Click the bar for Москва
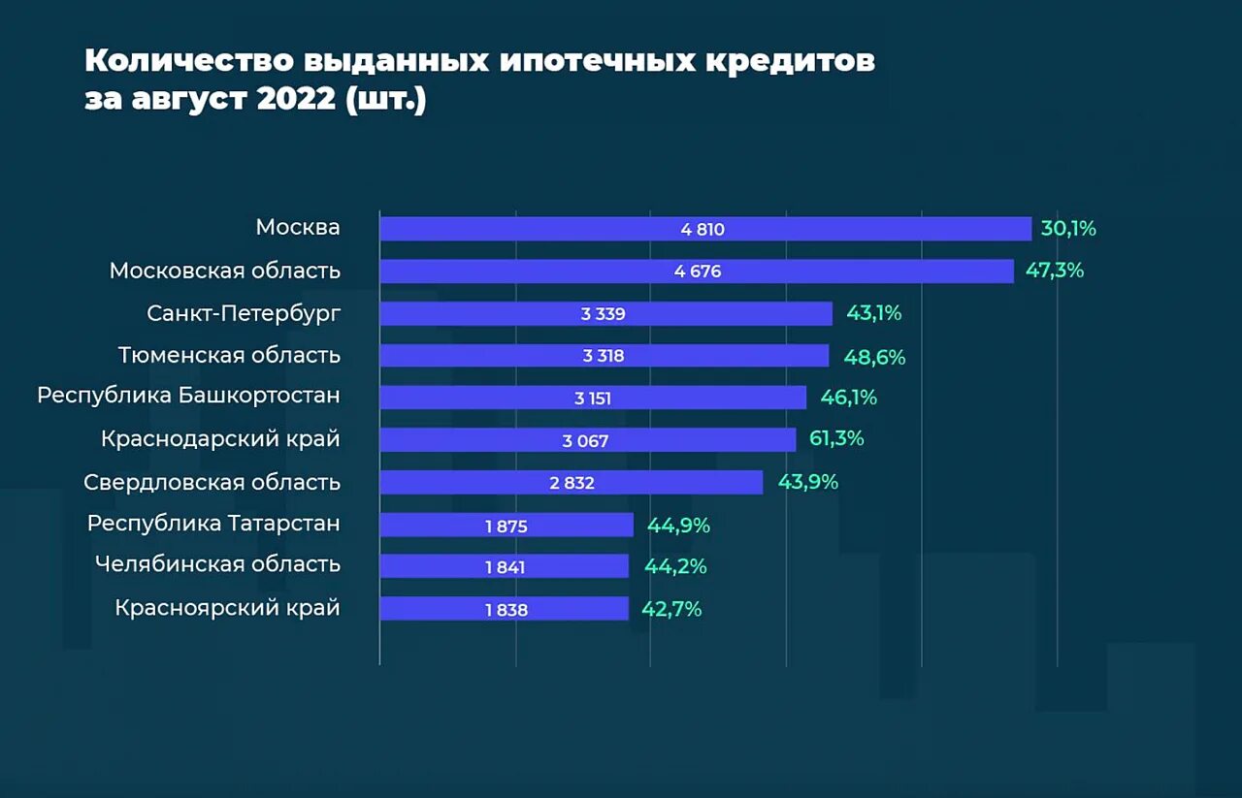tap(704, 229)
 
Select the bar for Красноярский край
tap(504, 609)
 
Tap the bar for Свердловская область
tap(571, 482)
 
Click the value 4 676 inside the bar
tap(698, 271)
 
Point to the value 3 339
tap(603, 314)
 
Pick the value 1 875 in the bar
tap(506, 526)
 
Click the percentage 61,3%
tap(836, 438)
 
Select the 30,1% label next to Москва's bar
tap(1068, 229)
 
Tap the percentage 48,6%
tap(874, 357)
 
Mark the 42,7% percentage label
tap(671, 609)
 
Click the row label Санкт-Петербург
tap(244, 313)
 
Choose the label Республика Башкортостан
tap(188, 397)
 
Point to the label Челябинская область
tap(217, 563)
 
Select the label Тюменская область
tap(229, 355)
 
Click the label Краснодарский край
tap(220, 439)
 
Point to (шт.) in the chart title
tap(385, 100)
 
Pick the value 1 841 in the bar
tap(505, 567)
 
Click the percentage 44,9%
tap(678, 526)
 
